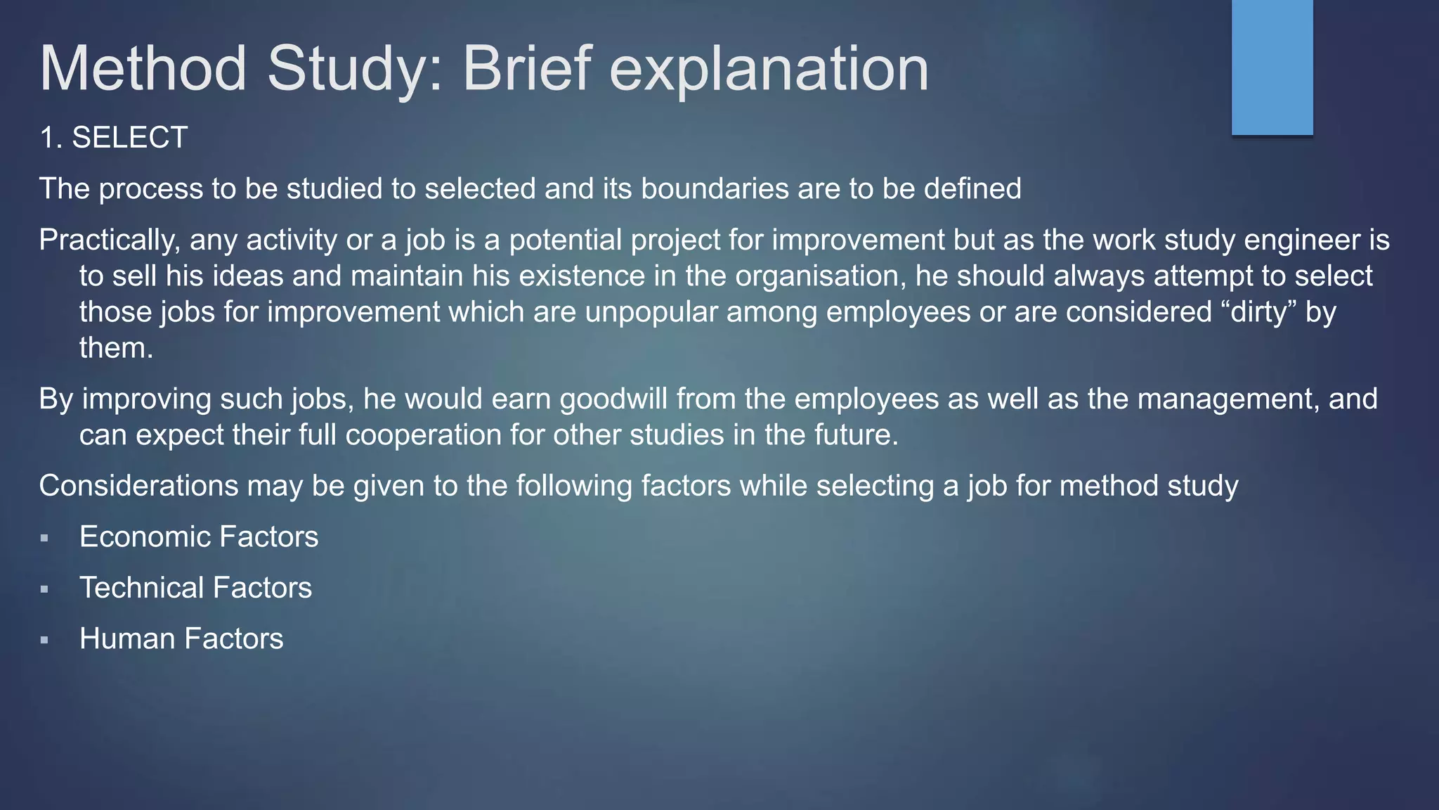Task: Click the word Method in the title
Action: pos(143,69)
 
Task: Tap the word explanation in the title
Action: pos(769,69)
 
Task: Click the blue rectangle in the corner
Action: pos(1272,67)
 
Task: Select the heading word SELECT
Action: pos(130,137)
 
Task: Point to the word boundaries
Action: pos(715,188)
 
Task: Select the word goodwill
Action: pos(613,399)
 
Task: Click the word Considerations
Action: pos(139,486)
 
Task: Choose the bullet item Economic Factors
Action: pos(199,536)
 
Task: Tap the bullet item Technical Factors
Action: pos(195,588)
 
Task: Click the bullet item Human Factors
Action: pos(181,638)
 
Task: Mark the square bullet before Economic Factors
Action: pos(44,539)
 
